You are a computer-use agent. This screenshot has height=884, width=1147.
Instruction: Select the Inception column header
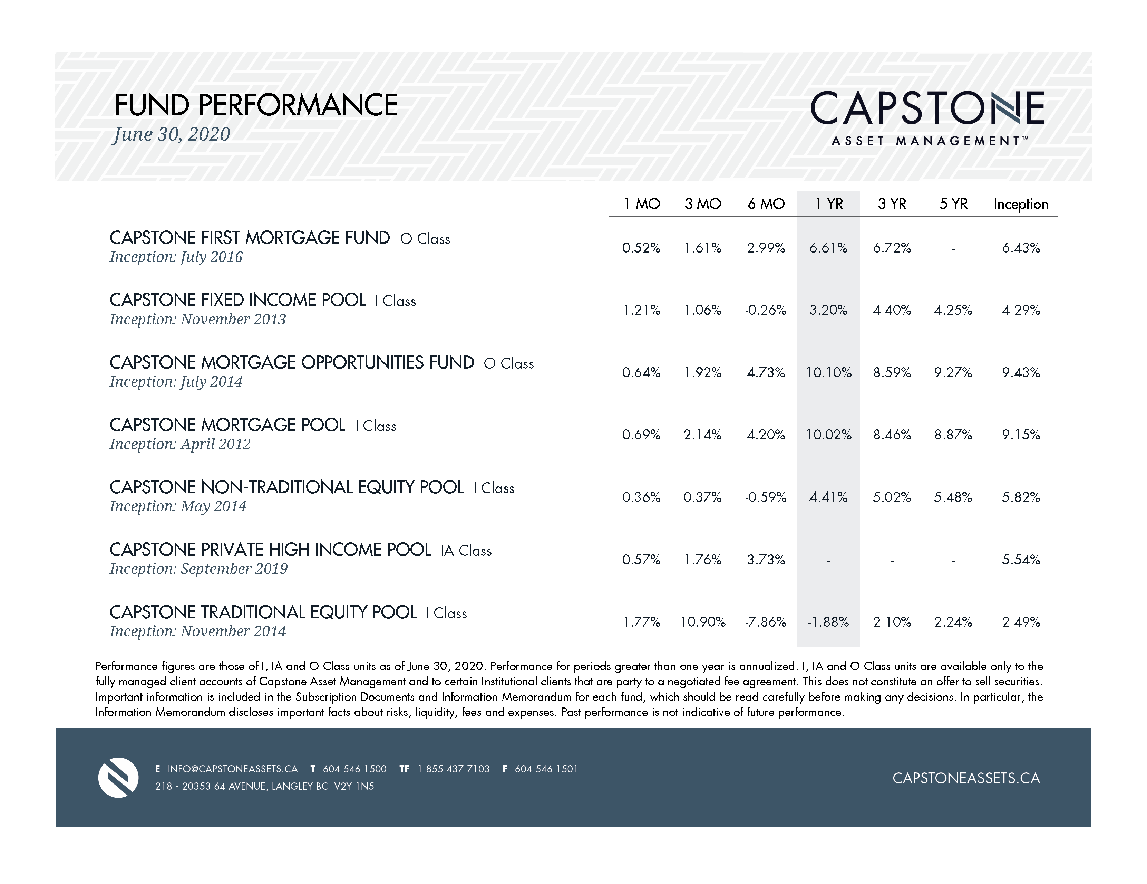point(1020,204)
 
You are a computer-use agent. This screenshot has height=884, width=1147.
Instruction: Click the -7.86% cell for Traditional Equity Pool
point(765,622)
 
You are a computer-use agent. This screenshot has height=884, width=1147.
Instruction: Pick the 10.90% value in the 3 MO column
point(703,622)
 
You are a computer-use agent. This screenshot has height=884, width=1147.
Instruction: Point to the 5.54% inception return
point(1020,560)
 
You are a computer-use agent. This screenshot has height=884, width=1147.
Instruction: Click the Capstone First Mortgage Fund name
point(250,238)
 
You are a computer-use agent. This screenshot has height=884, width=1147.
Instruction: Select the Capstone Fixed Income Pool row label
point(237,300)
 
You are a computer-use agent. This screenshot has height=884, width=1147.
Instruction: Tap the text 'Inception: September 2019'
point(198,569)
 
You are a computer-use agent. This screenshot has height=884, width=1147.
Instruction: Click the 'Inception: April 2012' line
point(179,444)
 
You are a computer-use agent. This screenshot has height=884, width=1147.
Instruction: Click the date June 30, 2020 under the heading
point(172,134)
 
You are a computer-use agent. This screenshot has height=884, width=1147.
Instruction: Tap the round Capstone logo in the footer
point(118,777)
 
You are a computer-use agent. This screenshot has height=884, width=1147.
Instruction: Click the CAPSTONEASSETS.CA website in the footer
point(966,778)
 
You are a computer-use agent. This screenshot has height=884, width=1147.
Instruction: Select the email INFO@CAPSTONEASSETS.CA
point(232,769)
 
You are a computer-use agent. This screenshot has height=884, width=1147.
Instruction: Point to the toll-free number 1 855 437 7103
point(453,769)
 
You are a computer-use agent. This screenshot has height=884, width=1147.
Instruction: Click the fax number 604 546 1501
point(546,769)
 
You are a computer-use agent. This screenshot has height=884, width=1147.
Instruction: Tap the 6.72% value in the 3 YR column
point(892,248)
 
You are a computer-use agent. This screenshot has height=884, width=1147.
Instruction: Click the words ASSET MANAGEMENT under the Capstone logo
point(926,141)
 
